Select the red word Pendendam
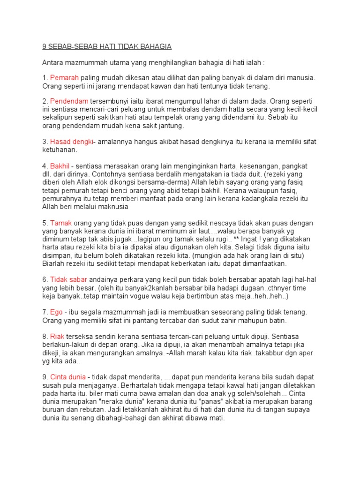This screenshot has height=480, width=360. coord(68,101)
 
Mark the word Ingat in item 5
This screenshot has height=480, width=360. coord(268,239)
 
